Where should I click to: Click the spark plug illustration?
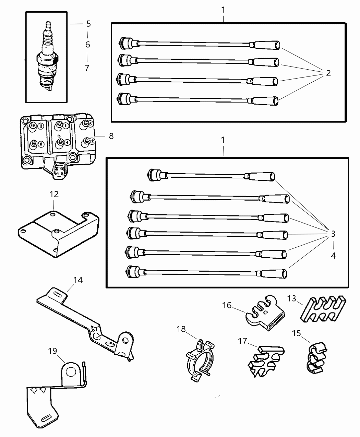click(47, 58)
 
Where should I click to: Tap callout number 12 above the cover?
click(54, 194)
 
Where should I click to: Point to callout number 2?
click(328, 73)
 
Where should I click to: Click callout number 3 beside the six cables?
click(333, 234)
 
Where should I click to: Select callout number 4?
click(333, 256)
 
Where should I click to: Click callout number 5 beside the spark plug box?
click(88, 24)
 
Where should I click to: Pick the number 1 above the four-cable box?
click(223, 10)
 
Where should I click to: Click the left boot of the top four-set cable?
click(128, 43)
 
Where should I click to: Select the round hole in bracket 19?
click(71, 371)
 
